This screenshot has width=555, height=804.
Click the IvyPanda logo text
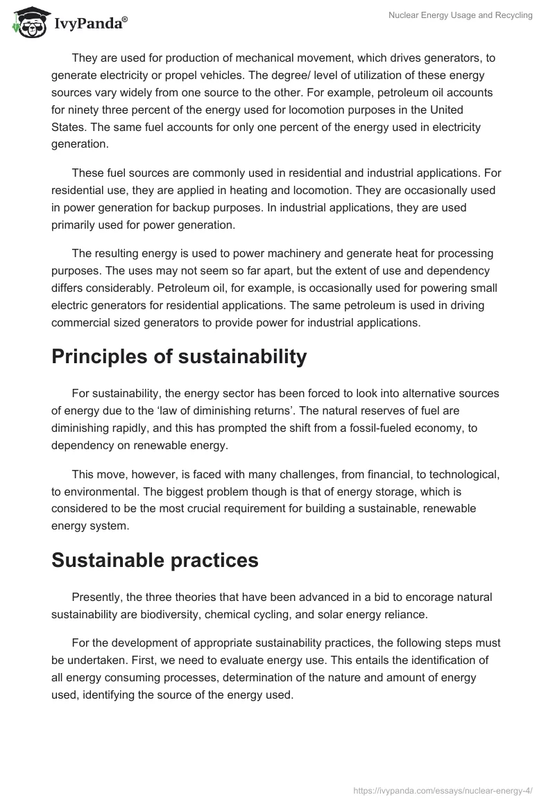point(90,24)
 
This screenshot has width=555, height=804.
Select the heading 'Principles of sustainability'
point(179,356)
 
